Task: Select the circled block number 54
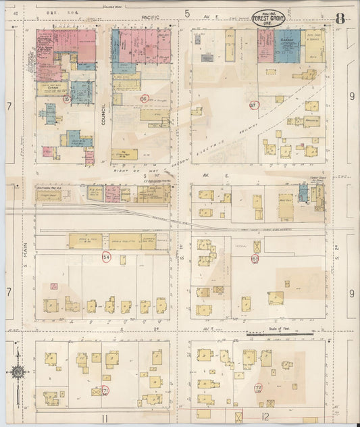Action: [x=106, y=257]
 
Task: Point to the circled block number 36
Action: [x=143, y=99]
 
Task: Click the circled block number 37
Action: [x=254, y=105]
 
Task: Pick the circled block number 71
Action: [x=106, y=391]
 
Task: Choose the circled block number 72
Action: [x=257, y=388]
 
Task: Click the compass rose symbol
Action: [x=18, y=371]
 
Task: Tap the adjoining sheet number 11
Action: [x=105, y=419]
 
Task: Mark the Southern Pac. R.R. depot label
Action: [x=49, y=188]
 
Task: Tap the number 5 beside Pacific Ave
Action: [x=186, y=13]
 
